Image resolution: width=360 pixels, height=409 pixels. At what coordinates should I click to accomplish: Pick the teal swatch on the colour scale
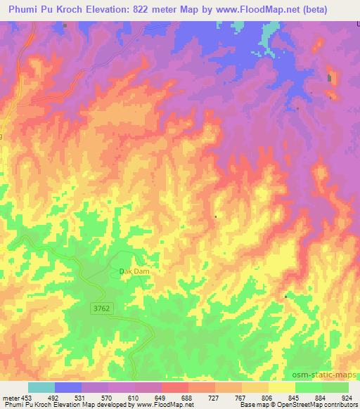tap(41, 387)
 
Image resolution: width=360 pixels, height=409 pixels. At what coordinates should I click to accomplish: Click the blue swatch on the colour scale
tap(68, 387)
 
